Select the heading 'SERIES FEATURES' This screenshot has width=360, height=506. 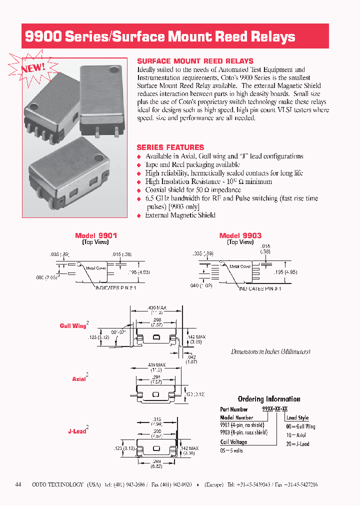(x=170, y=147)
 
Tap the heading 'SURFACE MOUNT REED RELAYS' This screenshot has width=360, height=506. (x=195, y=61)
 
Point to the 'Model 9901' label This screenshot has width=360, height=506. (x=96, y=235)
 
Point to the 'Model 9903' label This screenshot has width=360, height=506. (x=240, y=235)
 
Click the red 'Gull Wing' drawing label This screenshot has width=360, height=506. (x=73, y=326)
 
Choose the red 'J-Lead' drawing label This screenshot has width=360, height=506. (x=77, y=431)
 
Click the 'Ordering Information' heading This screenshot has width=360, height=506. (x=269, y=399)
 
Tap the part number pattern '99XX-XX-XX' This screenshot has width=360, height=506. (x=275, y=409)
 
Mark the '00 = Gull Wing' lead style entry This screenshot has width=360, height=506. (x=300, y=426)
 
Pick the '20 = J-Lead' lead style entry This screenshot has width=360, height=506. (x=297, y=443)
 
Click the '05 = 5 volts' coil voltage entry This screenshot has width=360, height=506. (x=231, y=450)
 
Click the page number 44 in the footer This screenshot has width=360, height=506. (x=18, y=484)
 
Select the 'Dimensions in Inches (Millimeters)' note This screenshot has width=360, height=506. (x=270, y=351)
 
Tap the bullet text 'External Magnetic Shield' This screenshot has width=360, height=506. (x=180, y=215)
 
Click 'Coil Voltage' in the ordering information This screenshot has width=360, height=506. (x=233, y=442)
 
